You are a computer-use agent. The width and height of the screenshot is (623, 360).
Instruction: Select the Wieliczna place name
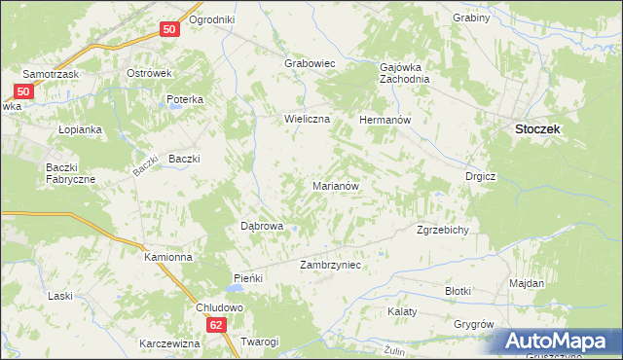[308, 119]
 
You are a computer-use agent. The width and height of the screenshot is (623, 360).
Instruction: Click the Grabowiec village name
[310, 63]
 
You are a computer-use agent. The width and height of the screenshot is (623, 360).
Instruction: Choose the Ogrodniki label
[212, 19]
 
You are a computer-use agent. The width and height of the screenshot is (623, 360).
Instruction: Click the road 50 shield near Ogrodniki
[169, 30]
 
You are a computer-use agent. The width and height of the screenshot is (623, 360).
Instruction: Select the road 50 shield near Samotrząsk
[25, 92]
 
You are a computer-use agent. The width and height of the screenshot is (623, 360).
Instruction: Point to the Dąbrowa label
[262, 226]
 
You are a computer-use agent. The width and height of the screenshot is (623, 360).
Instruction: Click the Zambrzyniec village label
[331, 264]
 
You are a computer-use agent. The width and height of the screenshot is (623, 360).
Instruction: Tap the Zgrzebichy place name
[443, 230]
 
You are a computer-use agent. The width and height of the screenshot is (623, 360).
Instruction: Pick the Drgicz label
[481, 176]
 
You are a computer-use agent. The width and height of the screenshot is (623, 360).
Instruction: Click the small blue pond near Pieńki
[236, 289]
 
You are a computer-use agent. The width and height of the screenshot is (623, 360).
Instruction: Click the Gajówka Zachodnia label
[404, 73]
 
